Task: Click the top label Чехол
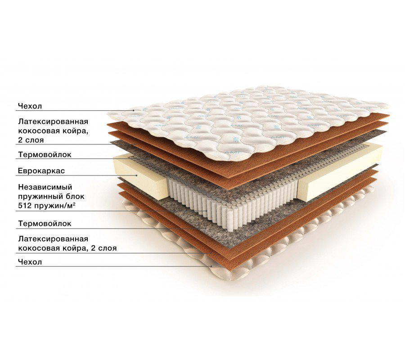[30, 106]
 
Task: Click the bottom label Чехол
[30, 262]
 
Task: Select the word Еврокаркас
[41, 171]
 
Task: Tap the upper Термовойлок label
[45, 154]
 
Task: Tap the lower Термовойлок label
[45, 223]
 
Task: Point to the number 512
[25, 206]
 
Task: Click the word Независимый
[45, 187]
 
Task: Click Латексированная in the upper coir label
[53, 121]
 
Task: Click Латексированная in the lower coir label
[53, 239]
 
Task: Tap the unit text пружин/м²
[55, 206]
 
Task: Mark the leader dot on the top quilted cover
[134, 111]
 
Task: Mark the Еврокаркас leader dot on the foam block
[137, 175]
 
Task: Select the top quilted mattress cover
[248, 121]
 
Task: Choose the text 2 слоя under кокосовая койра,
[31, 140]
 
